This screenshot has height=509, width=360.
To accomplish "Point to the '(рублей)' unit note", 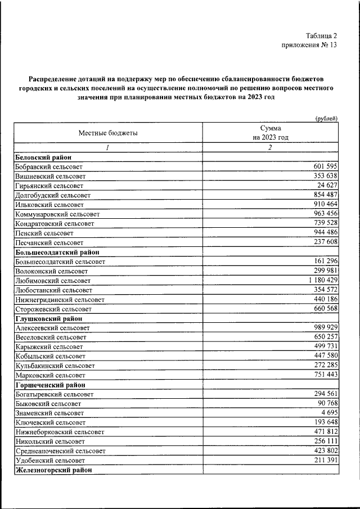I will click(326, 118).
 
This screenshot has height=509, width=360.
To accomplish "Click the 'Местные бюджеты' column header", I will click(107, 133).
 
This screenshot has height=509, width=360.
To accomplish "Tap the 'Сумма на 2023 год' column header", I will click(270, 133).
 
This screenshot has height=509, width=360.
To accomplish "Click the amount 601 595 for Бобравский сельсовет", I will click(325, 166).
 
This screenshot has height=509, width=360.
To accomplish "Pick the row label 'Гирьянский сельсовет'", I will click(49, 185).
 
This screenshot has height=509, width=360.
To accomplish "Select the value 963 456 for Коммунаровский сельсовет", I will click(325, 214).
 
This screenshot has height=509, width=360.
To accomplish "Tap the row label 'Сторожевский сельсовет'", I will click(53, 309).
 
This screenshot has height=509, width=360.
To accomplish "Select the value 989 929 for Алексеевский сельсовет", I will click(325, 327).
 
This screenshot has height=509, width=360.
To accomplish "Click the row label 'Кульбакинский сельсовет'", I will click(55, 366).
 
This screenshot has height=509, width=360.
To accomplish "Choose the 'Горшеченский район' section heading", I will click(51, 385).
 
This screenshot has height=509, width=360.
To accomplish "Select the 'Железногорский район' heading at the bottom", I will click(53, 470).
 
